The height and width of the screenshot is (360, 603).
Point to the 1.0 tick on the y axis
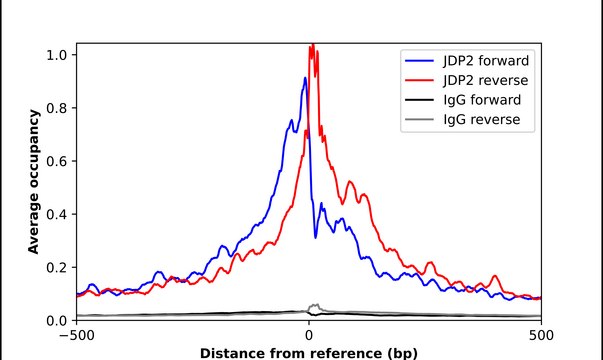(x=58, y=54)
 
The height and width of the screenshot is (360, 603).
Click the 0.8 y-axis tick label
(x=58, y=107)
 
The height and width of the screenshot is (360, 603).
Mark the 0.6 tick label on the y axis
(x=58, y=160)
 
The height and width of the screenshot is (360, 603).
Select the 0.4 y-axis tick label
(x=58, y=214)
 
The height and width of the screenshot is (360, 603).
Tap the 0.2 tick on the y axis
(x=58, y=267)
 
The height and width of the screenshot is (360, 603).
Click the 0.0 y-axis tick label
(x=58, y=320)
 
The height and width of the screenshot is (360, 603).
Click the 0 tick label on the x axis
(x=309, y=335)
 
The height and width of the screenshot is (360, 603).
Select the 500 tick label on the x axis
(x=541, y=335)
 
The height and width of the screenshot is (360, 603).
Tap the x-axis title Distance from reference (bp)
(x=309, y=352)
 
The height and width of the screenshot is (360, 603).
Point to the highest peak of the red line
(x=312, y=45)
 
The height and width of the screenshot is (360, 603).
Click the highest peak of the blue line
(x=305, y=78)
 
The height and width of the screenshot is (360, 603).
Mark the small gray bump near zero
(x=315, y=306)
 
